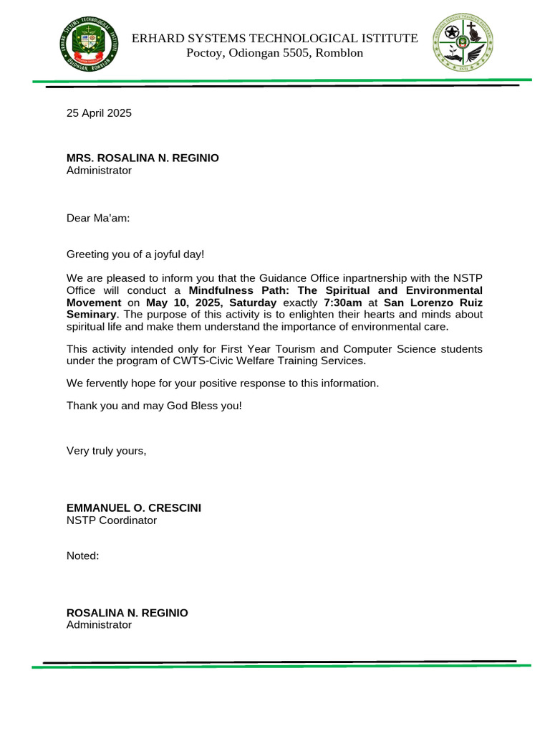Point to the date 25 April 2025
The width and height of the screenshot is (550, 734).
click(99, 113)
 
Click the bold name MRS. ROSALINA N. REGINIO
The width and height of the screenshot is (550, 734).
click(143, 158)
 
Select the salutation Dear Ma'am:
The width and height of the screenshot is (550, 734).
click(98, 218)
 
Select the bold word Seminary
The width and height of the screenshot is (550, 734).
click(90, 315)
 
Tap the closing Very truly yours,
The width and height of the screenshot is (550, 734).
click(106, 451)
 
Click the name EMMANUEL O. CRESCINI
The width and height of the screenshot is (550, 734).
click(134, 507)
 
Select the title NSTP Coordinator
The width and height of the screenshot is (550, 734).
click(111, 520)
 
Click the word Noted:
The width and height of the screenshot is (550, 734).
click(82, 556)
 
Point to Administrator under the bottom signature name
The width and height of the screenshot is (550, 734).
click(99, 625)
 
